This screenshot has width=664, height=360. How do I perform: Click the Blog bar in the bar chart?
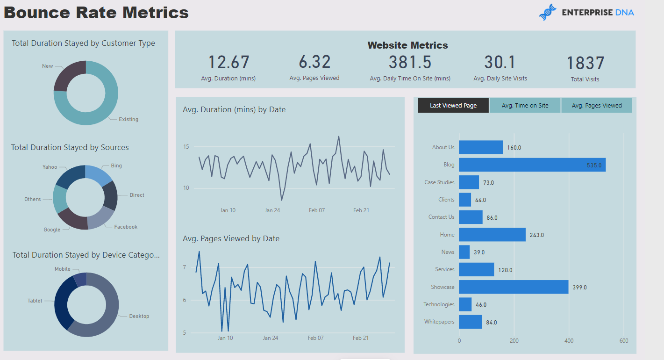pyautogui.click(x=532, y=165)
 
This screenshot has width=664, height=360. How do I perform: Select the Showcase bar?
pyautogui.click(x=514, y=287)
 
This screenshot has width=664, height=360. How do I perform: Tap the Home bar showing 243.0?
pyautogui.click(x=492, y=235)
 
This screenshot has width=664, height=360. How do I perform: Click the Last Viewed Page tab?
pyautogui.click(x=453, y=106)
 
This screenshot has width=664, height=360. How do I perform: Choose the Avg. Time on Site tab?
pyautogui.click(x=525, y=106)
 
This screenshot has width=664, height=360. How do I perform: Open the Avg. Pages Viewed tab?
pyautogui.click(x=597, y=106)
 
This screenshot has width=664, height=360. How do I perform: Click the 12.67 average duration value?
pyautogui.click(x=228, y=62)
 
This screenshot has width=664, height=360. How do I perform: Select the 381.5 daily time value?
pyautogui.click(x=410, y=62)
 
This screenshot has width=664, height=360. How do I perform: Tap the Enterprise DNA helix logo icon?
pyautogui.click(x=548, y=13)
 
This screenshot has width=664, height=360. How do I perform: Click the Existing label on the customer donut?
pyautogui.click(x=129, y=120)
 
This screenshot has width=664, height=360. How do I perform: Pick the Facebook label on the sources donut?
pyautogui.click(x=126, y=227)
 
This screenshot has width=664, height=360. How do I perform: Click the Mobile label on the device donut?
pyautogui.click(x=63, y=269)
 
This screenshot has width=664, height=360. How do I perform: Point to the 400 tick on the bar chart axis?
pyautogui.click(x=569, y=341)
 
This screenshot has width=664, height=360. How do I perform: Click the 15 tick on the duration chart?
pyautogui.click(x=186, y=147)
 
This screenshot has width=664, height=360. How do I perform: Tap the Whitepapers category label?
pyautogui.click(x=439, y=322)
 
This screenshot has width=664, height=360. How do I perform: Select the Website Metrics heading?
pyautogui.click(x=407, y=45)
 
